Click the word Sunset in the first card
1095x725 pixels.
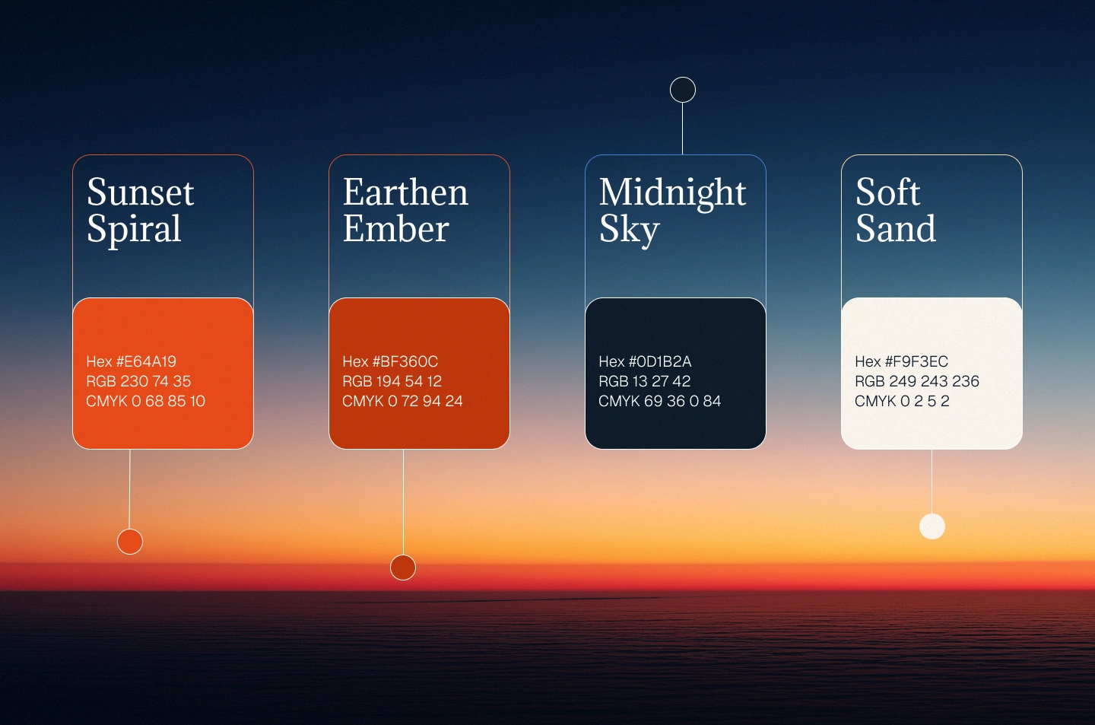click(140, 192)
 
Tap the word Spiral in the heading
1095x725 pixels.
click(134, 230)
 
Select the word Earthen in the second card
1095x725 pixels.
click(405, 192)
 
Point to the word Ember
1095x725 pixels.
click(395, 228)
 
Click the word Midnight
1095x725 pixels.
click(672, 194)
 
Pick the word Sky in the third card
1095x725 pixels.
click(629, 231)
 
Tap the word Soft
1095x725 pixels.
click(887, 192)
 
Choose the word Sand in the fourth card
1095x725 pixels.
click(896, 228)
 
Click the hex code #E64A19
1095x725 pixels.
click(146, 361)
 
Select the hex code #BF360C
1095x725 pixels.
click(405, 361)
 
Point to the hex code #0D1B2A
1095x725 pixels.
click(660, 361)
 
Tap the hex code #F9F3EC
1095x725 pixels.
click(916, 361)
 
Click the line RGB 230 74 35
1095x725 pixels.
click(138, 381)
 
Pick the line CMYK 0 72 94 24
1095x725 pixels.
click(402, 401)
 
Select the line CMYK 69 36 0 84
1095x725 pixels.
click(659, 401)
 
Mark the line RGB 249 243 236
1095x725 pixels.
click(916, 381)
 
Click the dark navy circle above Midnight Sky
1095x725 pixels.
click(682, 90)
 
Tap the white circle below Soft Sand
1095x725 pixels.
click(932, 526)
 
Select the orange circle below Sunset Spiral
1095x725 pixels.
click(130, 542)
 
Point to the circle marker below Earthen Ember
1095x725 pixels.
click(403, 568)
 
